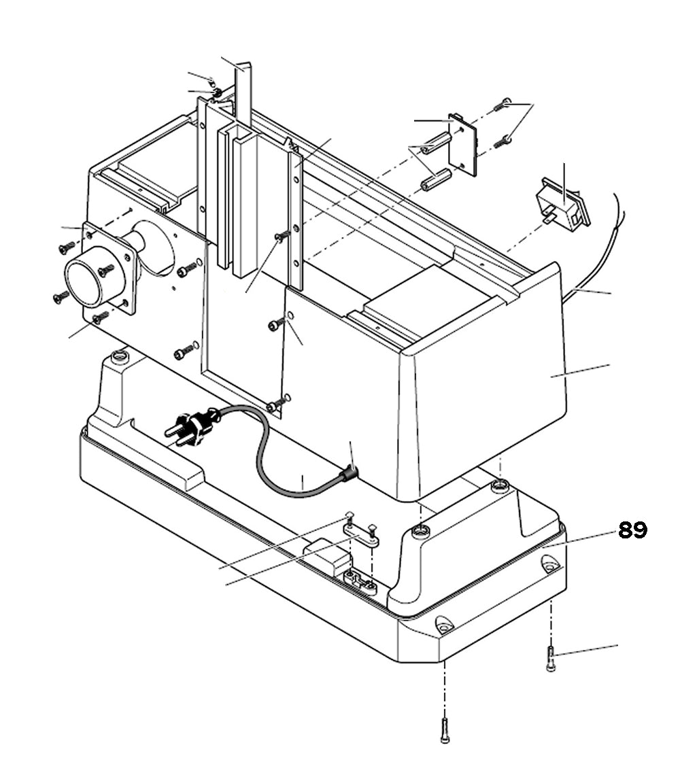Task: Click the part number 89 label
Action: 632,530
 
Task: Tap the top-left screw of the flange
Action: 67,247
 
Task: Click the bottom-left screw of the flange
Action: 61,296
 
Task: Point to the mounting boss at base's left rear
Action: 120,356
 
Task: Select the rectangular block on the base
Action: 325,556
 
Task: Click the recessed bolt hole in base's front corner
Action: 443,623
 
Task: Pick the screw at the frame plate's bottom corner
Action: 276,406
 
